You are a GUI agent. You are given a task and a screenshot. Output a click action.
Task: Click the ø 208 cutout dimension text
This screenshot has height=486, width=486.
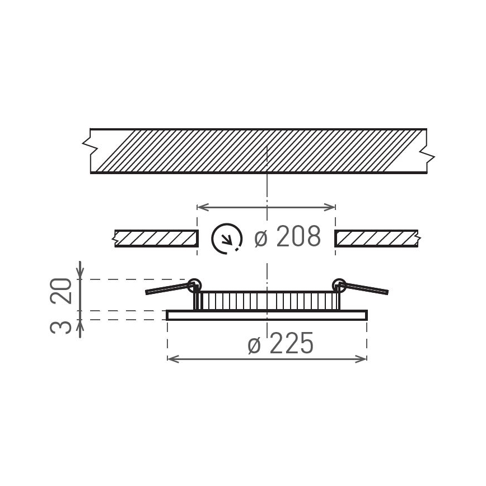pyautogui.click(x=288, y=237)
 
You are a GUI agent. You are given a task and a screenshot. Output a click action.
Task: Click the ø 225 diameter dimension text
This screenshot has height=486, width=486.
pyautogui.click(x=281, y=344)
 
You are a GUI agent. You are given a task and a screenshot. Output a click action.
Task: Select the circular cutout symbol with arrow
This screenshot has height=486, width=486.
pyautogui.click(x=227, y=239)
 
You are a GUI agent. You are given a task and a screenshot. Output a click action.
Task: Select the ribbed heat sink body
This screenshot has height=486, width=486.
pyautogui.click(x=267, y=301)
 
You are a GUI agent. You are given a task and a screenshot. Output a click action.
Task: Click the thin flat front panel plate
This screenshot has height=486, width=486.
pyautogui.click(x=267, y=315)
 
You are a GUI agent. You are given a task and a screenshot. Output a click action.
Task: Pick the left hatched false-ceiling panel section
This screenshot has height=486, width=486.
pyautogui.click(x=156, y=239)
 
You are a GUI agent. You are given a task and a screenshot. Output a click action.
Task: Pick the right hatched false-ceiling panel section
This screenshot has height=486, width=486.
pyautogui.click(x=376, y=239)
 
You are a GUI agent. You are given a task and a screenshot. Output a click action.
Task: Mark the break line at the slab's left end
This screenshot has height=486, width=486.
pyautogui.click(x=88, y=146)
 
